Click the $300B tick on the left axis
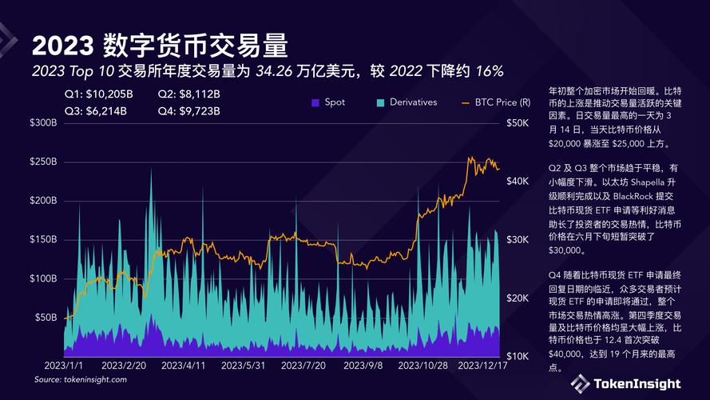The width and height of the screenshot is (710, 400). click(x=43, y=123)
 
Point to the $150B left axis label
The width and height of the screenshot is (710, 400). click(x=43, y=239)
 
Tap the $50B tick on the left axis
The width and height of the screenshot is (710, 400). click(x=46, y=317)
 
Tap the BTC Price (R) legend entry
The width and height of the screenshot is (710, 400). click(x=497, y=102)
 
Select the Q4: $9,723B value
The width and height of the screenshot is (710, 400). click(x=188, y=110)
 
